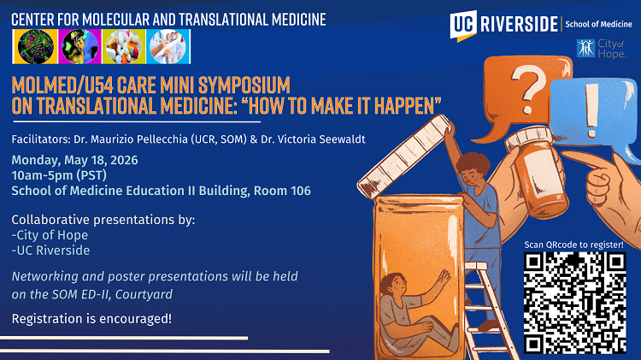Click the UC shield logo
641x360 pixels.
click(x=463, y=25)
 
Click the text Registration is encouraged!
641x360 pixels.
click(x=91, y=319)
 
